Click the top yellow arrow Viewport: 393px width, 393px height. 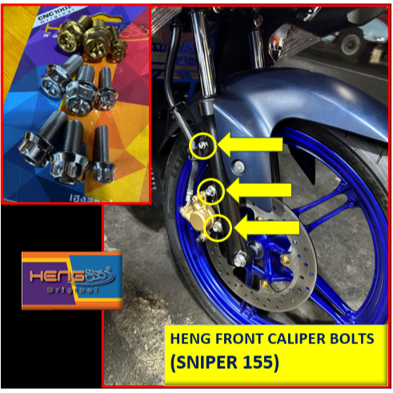(251, 144)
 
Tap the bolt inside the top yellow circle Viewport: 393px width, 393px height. (201, 145)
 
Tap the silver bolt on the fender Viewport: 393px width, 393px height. (239, 166)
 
